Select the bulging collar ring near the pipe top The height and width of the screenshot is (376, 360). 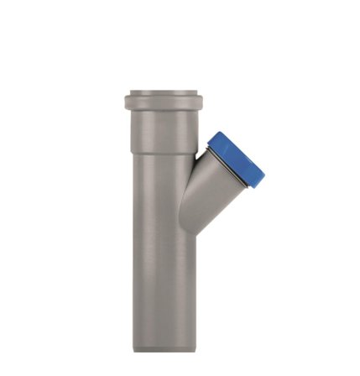pos(164,102)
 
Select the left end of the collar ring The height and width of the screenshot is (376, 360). pos(126,102)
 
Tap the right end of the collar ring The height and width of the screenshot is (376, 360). pos(204,102)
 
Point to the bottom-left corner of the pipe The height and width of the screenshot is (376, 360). pos(133,351)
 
